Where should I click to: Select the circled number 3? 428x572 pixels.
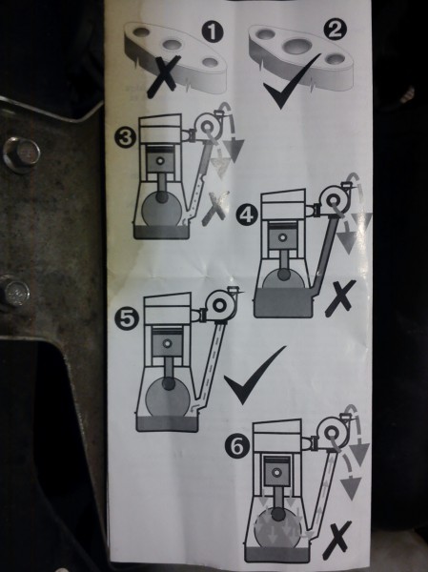126,138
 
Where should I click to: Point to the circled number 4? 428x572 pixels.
247,215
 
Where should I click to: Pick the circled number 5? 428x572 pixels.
126,318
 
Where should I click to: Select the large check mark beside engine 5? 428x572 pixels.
255,375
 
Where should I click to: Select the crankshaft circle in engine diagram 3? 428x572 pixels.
161,209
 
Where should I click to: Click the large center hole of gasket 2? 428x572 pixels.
295,46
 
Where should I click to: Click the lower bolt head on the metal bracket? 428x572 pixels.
15,293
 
